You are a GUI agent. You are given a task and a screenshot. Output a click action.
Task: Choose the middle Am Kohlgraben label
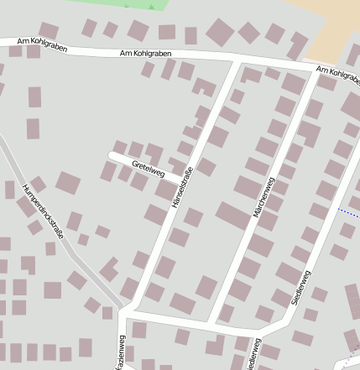coord(146,54)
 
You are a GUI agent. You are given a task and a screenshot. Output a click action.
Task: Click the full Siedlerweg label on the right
coord(300,289)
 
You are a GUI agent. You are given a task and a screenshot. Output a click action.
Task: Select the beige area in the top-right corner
coord(331,25)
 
